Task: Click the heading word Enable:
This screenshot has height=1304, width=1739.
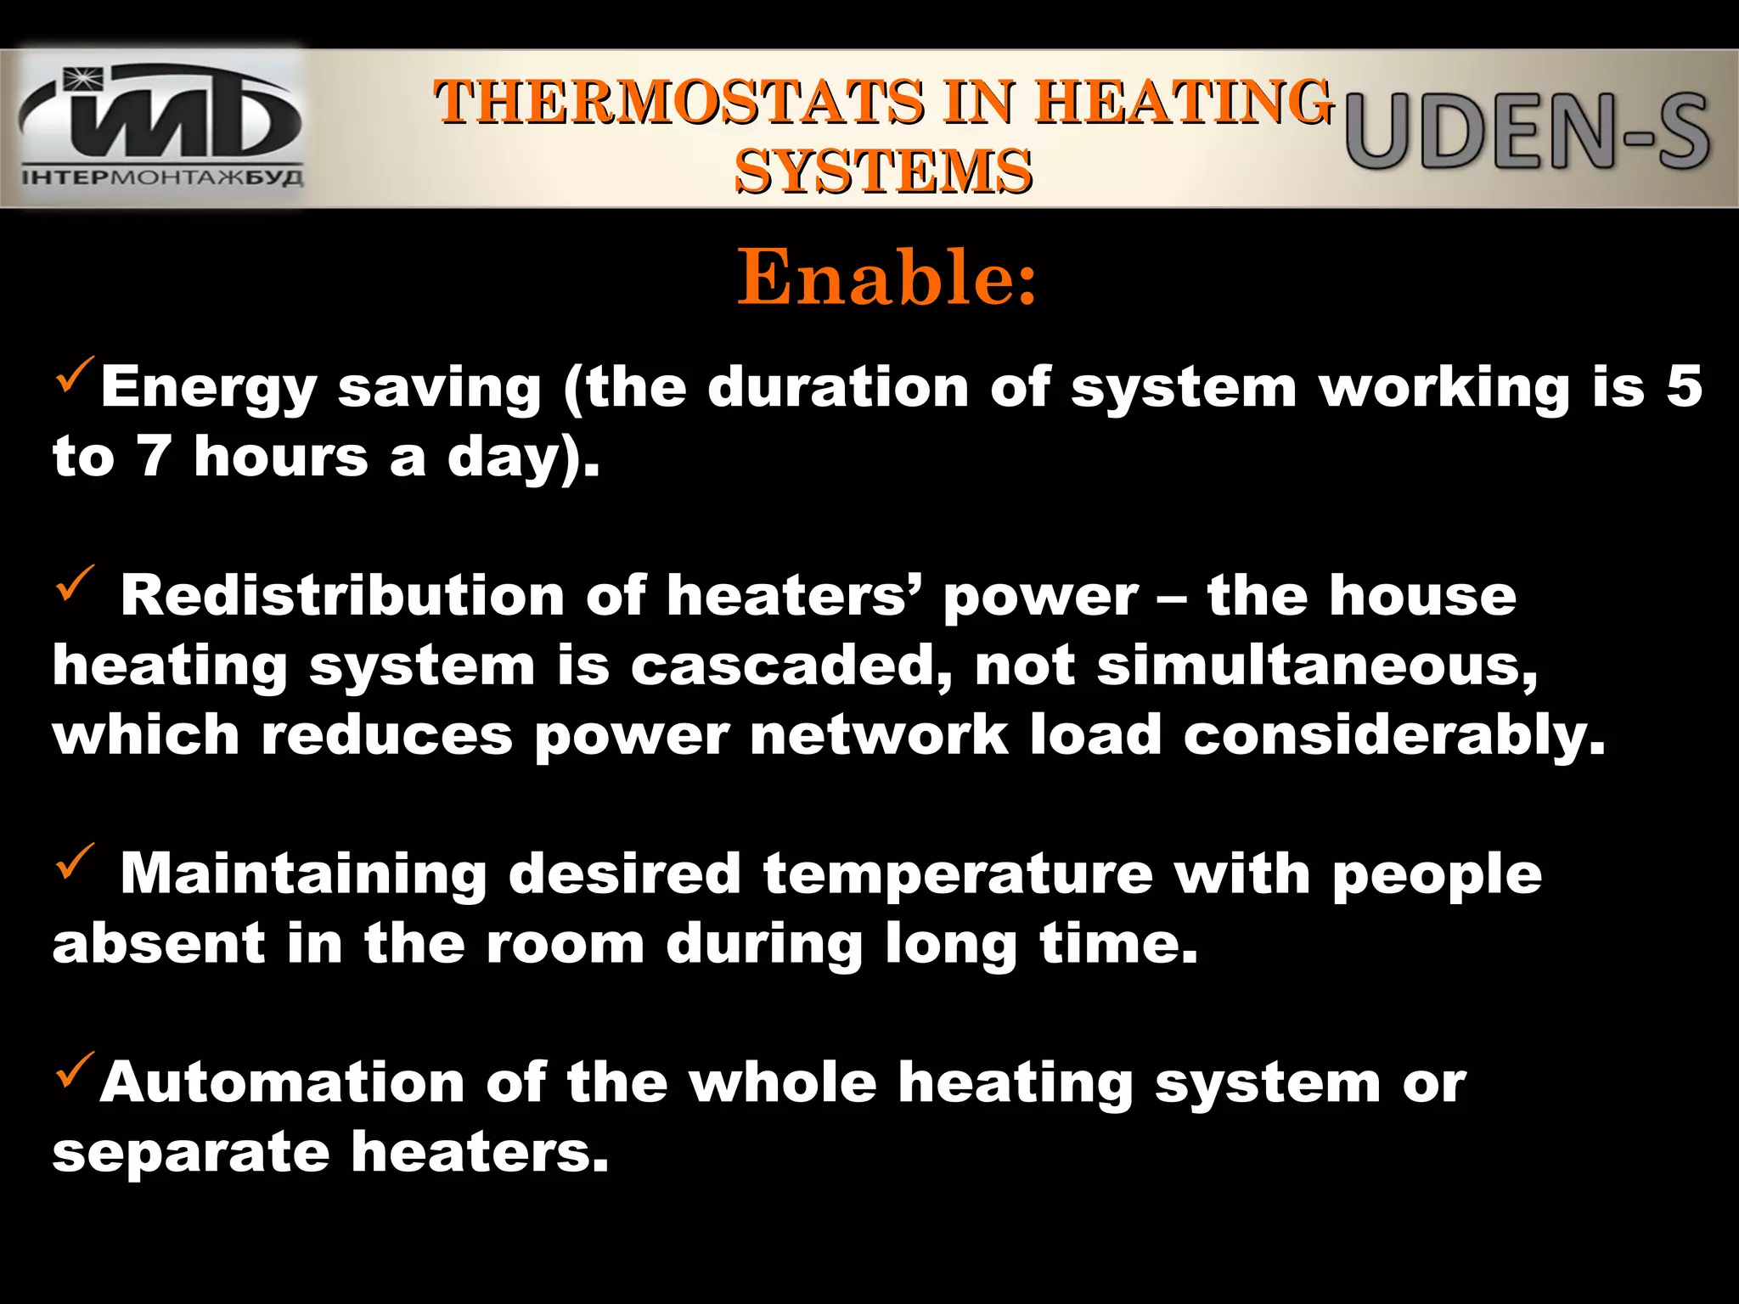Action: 886,278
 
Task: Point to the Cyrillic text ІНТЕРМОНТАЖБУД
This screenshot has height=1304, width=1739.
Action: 161,178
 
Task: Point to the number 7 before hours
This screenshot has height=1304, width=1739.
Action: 155,457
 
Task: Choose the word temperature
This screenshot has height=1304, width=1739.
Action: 958,874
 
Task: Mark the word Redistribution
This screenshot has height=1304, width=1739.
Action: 342,596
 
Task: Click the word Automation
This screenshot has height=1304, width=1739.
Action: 282,1083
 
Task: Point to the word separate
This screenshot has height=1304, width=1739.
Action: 191,1153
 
